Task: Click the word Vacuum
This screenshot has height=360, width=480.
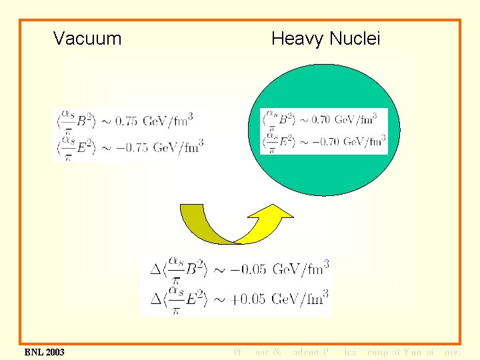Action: click(x=87, y=39)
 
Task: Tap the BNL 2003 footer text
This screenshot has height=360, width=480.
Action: click(x=45, y=351)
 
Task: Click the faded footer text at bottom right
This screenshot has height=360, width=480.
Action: click(x=347, y=351)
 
